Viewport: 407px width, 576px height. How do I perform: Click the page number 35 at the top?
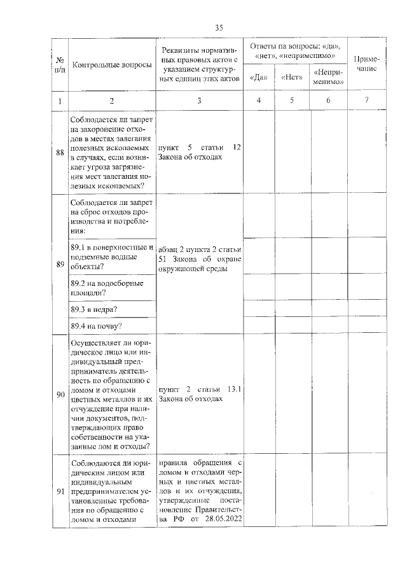tap(219, 27)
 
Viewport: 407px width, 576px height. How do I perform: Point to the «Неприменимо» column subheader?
tap(329, 77)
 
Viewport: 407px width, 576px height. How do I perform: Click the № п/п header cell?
tap(59, 65)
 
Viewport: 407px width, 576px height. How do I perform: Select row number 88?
tap(60, 151)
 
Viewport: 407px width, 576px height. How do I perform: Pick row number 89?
tap(60, 264)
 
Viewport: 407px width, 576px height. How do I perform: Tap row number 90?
tap(60, 395)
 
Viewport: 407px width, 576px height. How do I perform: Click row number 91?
tap(60, 490)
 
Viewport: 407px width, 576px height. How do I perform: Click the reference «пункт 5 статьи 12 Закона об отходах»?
tap(200, 151)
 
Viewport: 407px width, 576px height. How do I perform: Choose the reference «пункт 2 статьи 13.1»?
tap(200, 389)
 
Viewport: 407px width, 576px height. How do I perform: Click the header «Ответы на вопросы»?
tap(294, 51)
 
